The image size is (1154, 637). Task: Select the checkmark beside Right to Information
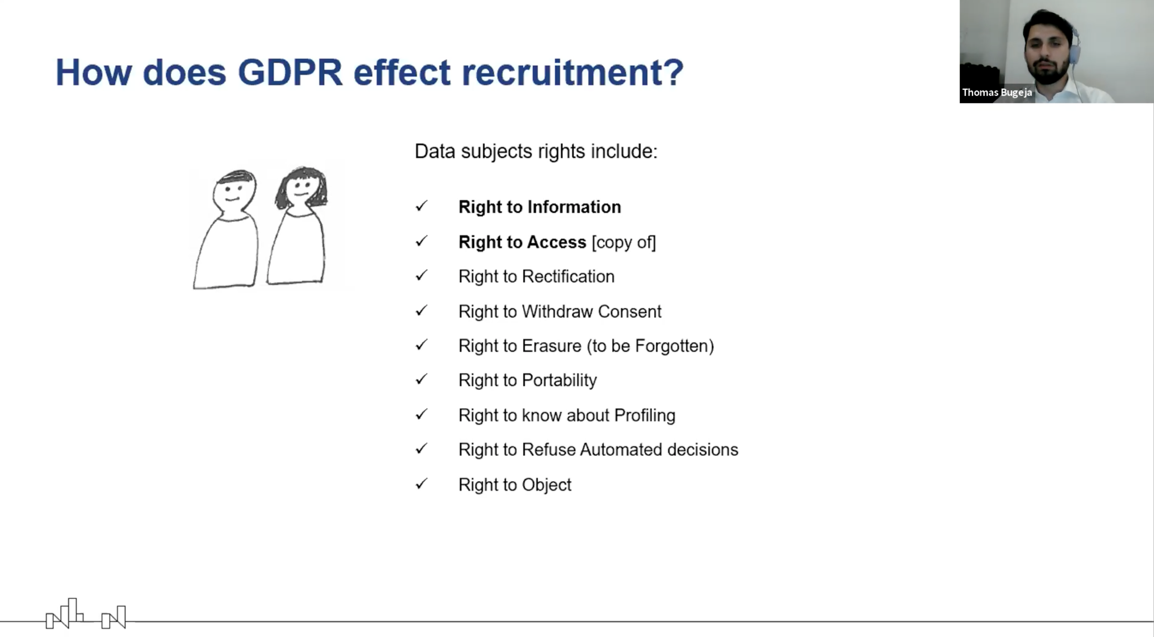pyautogui.click(x=422, y=206)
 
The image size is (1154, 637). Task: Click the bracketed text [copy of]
pyautogui.click(x=624, y=242)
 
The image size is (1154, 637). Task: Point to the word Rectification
pyautogui.click(x=568, y=276)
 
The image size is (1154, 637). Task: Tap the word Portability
pyautogui.click(x=559, y=380)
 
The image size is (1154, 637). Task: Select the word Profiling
pyautogui.click(x=644, y=415)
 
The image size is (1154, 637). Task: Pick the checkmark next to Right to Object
pyautogui.click(x=422, y=483)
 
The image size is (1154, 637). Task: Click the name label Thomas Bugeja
pyautogui.click(x=997, y=92)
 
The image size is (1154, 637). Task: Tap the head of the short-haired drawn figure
pyautogui.click(x=235, y=191)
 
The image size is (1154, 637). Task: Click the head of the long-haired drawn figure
pyautogui.click(x=302, y=187)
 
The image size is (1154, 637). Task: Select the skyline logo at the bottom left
pyautogui.click(x=86, y=614)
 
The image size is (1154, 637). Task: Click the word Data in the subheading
pyautogui.click(x=435, y=151)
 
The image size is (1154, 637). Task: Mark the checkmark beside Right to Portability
pyautogui.click(x=422, y=379)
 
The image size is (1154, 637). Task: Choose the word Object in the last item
pyautogui.click(x=547, y=485)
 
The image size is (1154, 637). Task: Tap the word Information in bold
pyautogui.click(x=575, y=207)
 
